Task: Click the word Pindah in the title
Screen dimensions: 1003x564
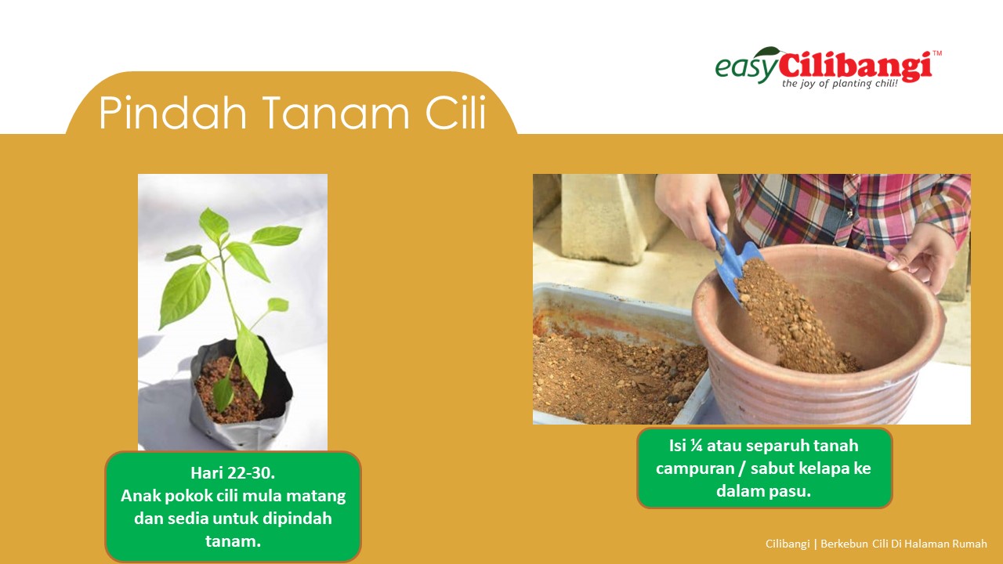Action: click(x=173, y=112)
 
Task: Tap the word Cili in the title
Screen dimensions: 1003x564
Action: click(x=455, y=112)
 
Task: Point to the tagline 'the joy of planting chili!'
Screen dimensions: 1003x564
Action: click(x=839, y=84)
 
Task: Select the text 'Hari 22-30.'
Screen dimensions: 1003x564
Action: click(x=233, y=472)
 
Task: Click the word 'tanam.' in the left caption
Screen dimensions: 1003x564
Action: click(x=233, y=541)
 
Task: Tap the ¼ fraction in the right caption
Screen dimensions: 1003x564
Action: click(x=696, y=446)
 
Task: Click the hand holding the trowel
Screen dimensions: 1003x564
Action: click(x=690, y=207)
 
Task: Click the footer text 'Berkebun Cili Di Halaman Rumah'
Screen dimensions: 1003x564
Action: click(x=903, y=544)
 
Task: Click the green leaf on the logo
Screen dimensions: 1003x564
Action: click(x=769, y=51)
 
